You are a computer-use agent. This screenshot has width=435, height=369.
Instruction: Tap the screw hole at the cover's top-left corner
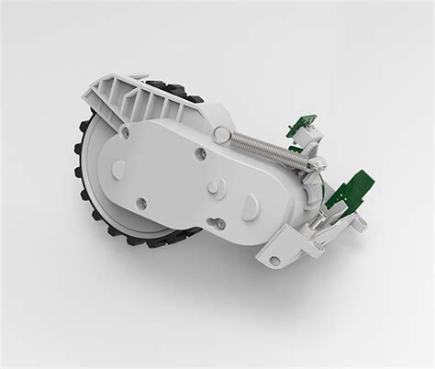pyautogui.click(x=140, y=130)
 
